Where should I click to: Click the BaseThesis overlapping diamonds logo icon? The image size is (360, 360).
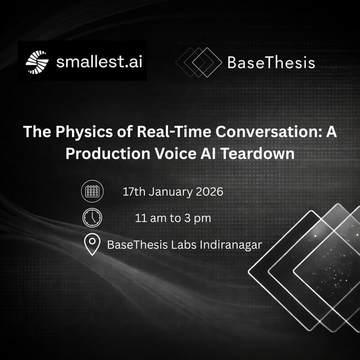tap(198, 62)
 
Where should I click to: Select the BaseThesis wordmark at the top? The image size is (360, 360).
tap(271, 62)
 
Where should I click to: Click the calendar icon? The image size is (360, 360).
tap(92, 191)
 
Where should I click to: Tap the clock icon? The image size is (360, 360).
tap(92, 218)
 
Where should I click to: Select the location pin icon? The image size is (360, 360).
tap(92, 245)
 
